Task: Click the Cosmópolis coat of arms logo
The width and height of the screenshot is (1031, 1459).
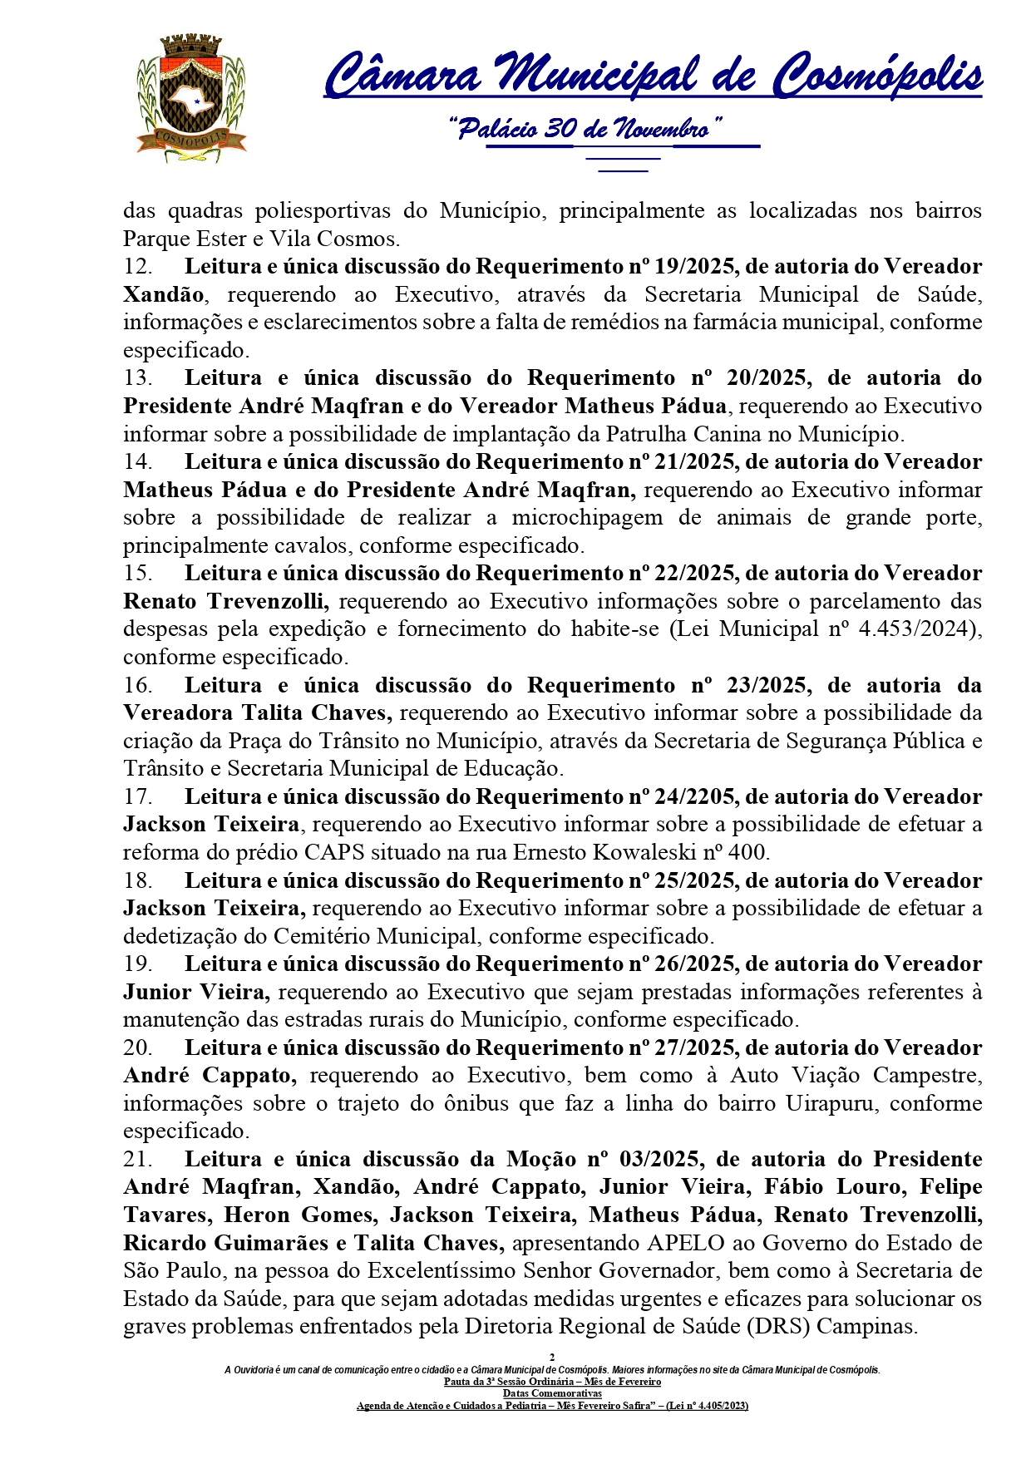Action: coord(191,98)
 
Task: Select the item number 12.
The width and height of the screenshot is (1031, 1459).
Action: coord(138,267)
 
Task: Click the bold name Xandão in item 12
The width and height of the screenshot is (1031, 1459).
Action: coord(163,295)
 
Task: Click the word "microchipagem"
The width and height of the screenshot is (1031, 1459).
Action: coord(587,518)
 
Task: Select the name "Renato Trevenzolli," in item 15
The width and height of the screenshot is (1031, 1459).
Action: coord(226,601)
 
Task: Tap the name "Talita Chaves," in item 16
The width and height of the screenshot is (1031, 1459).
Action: coord(317,712)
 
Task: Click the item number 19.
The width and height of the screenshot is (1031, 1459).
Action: coord(138,964)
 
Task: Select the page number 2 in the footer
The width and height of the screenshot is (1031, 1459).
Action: coord(551,1358)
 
